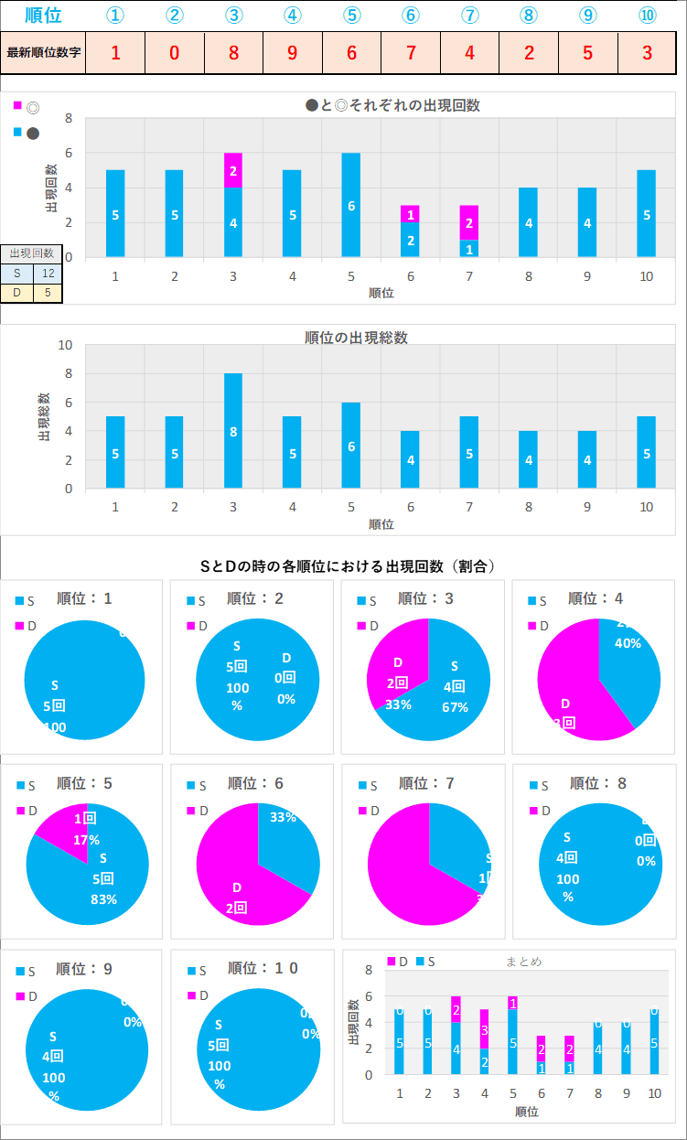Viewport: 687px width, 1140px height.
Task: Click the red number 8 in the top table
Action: (x=233, y=52)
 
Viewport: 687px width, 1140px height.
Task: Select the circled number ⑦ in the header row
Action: (x=469, y=16)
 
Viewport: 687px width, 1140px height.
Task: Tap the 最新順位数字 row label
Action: (x=44, y=52)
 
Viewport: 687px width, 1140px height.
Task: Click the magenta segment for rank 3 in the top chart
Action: (x=233, y=170)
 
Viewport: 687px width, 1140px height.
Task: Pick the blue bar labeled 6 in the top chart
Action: (x=351, y=205)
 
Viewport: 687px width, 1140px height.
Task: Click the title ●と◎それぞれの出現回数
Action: (x=393, y=105)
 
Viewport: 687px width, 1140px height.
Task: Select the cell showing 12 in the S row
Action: (x=48, y=273)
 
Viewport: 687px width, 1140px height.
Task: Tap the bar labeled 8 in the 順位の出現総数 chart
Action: (x=233, y=431)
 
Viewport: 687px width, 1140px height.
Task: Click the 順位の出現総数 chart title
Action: (x=356, y=338)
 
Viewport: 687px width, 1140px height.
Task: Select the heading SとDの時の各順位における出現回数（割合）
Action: (x=348, y=566)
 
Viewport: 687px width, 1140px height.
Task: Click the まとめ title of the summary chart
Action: (x=523, y=962)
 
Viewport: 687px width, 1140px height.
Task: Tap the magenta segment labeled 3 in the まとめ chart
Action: (x=484, y=1029)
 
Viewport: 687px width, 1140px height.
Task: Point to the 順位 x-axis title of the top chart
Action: (x=381, y=293)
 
